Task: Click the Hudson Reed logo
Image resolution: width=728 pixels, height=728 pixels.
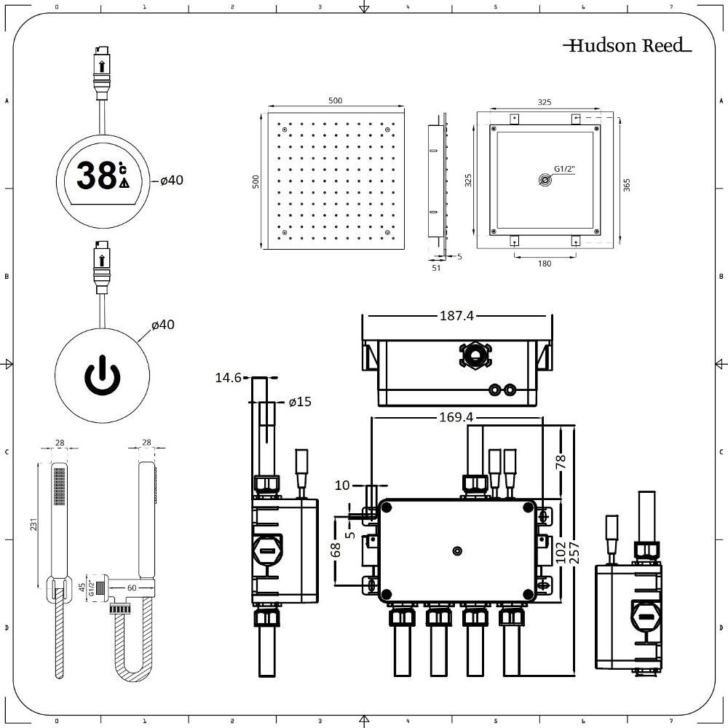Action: tap(628, 45)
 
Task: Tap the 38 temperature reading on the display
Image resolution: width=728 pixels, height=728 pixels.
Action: tap(97, 175)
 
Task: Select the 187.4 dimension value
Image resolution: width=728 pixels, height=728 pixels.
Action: tap(456, 316)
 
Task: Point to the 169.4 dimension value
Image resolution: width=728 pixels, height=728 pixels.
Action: tap(456, 417)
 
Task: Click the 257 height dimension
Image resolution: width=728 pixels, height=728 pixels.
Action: tap(574, 553)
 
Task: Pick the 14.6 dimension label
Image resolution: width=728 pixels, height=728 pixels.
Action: tap(228, 377)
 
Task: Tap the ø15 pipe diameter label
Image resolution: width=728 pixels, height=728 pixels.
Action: tap(300, 402)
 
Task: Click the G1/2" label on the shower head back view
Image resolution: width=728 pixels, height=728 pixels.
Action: tap(565, 169)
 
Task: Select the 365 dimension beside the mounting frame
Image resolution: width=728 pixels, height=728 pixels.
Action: tap(627, 185)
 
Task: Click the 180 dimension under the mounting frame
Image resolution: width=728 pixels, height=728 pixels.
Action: tap(544, 264)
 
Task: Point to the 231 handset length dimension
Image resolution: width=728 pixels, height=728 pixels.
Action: tap(33, 524)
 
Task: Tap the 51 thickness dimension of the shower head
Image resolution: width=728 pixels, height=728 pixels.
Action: tap(436, 268)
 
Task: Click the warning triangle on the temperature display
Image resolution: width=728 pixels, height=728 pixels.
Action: tap(124, 183)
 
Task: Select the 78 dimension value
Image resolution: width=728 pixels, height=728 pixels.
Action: tap(561, 462)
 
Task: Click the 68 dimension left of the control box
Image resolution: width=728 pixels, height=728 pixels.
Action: tap(336, 550)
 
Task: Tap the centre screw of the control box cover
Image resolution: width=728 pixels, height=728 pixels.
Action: tap(457, 551)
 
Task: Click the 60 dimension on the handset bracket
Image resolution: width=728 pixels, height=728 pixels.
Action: tap(132, 587)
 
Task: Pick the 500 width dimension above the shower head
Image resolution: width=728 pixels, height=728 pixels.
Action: tap(335, 100)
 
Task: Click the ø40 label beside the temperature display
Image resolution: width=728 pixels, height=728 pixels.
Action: tap(172, 180)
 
